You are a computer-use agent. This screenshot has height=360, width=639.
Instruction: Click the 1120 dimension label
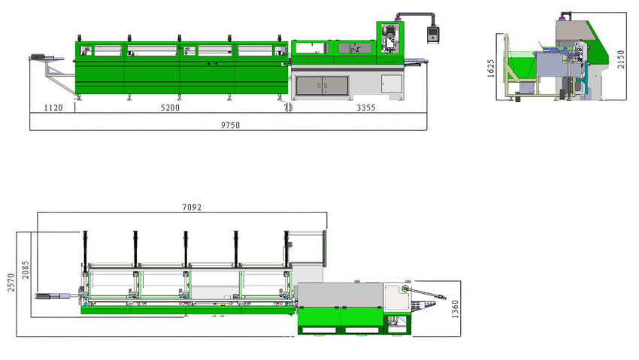(53, 108)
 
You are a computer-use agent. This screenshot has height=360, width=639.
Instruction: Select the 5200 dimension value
(170, 108)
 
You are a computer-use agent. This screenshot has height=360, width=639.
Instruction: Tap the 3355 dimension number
(366, 108)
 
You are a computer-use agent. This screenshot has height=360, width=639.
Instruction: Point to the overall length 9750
(230, 126)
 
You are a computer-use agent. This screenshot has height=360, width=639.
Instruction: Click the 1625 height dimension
(491, 68)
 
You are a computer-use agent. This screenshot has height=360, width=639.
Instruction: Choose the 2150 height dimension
(621, 59)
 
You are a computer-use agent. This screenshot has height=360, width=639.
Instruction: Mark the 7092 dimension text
(192, 207)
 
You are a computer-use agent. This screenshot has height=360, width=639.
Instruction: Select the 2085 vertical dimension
(26, 270)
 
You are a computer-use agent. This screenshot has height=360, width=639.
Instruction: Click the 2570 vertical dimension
(11, 283)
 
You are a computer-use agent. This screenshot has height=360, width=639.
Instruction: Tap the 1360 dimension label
(456, 309)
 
